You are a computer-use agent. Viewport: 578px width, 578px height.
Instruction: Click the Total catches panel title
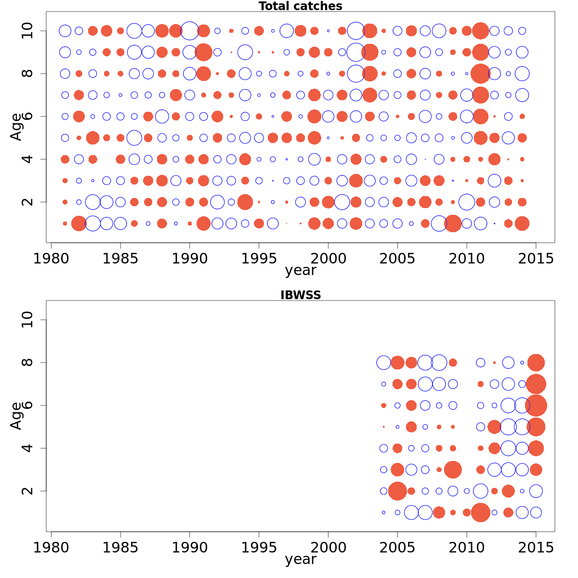[x=300, y=6]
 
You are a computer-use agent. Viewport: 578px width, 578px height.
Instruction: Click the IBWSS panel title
[x=300, y=295]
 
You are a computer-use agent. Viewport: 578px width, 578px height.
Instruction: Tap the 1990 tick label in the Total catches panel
[x=190, y=259]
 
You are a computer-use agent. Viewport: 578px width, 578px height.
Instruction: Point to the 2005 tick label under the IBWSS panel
[x=397, y=548]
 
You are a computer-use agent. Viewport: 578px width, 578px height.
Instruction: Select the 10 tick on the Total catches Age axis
[x=28, y=31]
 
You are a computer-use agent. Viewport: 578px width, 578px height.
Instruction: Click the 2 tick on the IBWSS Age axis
[x=28, y=491]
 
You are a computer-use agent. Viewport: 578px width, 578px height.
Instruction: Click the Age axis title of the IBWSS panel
[x=16, y=415]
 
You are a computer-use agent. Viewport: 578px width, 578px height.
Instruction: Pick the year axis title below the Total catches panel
[x=300, y=270]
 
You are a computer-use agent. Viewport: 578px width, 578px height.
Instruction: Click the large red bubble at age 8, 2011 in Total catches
[x=480, y=74]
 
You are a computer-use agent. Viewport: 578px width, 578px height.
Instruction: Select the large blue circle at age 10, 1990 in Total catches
[x=190, y=31]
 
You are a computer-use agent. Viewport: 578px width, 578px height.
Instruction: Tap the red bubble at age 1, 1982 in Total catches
[x=79, y=223]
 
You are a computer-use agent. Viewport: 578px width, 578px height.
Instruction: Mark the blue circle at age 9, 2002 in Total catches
[x=356, y=52]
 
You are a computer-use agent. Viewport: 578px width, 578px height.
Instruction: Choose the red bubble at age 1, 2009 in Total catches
[x=453, y=223]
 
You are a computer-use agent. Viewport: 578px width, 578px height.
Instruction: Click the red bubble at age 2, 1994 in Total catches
[x=245, y=202]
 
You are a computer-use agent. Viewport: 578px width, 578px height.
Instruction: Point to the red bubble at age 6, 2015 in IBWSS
[x=536, y=405]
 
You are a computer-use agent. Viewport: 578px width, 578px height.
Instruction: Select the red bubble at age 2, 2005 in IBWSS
[x=397, y=491]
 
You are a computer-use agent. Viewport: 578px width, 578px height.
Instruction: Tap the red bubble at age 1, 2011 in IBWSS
[x=480, y=512]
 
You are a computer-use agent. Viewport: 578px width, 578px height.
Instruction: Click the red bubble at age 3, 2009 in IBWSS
[x=453, y=469]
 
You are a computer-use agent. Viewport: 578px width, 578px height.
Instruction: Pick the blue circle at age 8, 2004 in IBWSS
[x=383, y=363]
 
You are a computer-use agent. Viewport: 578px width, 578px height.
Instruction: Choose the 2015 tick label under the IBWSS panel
[x=536, y=548]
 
